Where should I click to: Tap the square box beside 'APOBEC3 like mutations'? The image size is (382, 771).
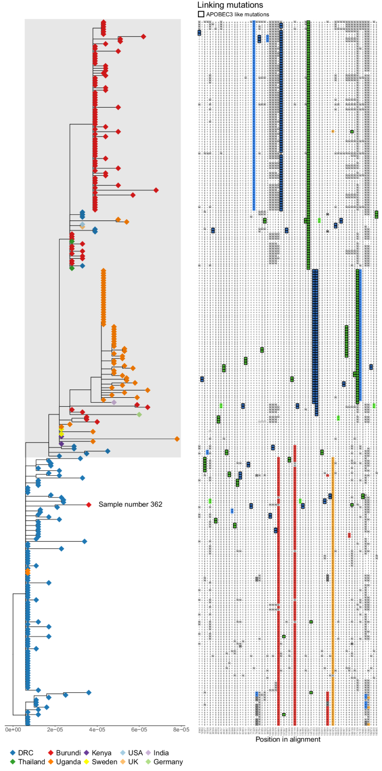coord(201,14)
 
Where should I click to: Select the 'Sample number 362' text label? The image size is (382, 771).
coord(130,505)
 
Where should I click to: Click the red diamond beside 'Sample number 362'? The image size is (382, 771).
coord(89,505)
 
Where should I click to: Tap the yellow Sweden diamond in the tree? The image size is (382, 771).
coord(61,433)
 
